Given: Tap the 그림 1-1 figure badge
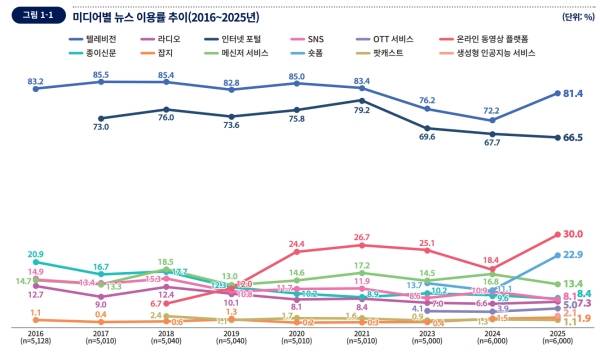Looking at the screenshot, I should click(41, 16).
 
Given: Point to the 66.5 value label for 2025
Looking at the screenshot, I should click(573, 138).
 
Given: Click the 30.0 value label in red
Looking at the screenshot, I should click(573, 234).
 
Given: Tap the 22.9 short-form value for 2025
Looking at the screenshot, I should click(573, 255).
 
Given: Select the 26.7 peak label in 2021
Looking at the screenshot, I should click(361, 237).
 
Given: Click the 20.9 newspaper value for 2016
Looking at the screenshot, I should click(36, 254).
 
